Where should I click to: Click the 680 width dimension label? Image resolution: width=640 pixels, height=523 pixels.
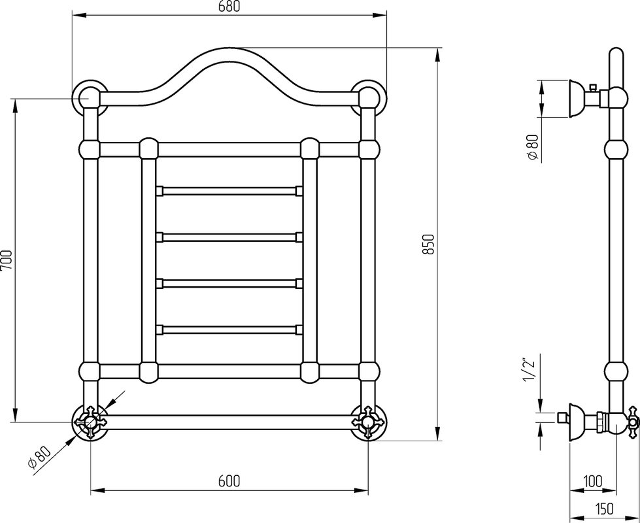coord(229,6)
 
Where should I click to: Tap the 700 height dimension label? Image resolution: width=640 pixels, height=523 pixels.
coord(7,260)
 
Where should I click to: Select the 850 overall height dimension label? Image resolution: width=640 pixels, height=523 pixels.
coord(428,244)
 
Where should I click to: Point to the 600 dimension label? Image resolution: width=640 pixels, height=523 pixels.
coord(229,481)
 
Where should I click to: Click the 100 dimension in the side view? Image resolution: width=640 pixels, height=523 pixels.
coord(593,481)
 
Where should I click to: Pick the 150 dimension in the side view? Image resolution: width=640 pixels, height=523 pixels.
coord(603,509)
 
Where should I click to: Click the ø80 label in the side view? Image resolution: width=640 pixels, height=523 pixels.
coord(534,147)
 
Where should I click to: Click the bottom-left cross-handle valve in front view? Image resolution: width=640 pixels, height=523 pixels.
coord(90,422)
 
